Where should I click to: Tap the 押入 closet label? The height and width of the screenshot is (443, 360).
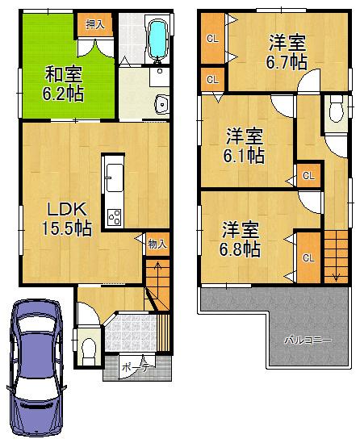pyautogui.click(x=95, y=25)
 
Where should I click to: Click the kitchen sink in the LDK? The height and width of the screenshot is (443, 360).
pyautogui.click(x=113, y=174)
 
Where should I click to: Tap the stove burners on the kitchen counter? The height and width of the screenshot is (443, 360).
pyautogui.click(x=114, y=216)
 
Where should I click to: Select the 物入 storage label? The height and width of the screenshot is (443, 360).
pyautogui.click(x=157, y=242)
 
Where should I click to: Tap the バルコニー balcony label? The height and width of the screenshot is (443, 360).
pyautogui.click(x=307, y=340)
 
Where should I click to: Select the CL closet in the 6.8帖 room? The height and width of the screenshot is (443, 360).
pyautogui.click(x=308, y=257)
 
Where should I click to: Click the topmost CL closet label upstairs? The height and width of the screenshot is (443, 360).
pyautogui.click(x=211, y=39)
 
